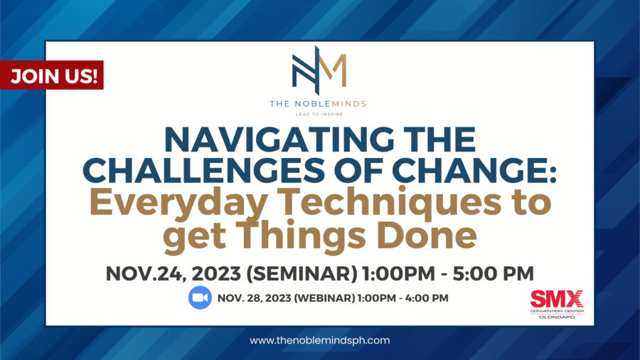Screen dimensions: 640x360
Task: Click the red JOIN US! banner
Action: pyautogui.click(x=51, y=75)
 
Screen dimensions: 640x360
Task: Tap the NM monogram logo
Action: pyautogui.click(x=319, y=70)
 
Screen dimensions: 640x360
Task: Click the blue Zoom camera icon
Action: pyautogui.click(x=200, y=297)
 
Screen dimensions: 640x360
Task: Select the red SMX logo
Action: pyautogui.click(x=557, y=300)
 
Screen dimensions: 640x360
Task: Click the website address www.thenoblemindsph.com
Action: pyautogui.click(x=319, y=340)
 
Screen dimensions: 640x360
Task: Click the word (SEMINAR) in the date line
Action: pyautogui.click(x=302, y=273)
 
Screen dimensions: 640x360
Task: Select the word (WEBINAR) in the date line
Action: pyautogui.click(x=324, y=298)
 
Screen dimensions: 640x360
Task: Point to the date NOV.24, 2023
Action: pyautogui.click(x=173, y=273)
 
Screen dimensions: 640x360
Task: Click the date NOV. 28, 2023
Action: pyautogui.click(x=254, y=298)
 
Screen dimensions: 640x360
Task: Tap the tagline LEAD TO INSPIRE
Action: pyautogui.click(x=319, y=115)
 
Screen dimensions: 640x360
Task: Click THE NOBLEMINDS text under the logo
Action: pyautogui.click(x=318, y=104)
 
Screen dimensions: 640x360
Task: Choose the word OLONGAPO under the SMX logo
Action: pyautogui.click(x=557, y=317)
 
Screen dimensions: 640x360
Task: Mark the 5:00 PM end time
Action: pyautogui.click(x=493, y=273)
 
